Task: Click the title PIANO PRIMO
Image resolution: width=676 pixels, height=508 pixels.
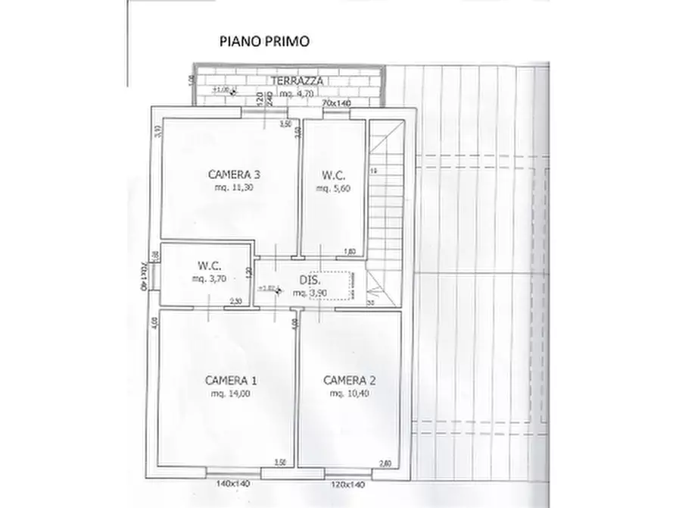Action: tap(264, 42)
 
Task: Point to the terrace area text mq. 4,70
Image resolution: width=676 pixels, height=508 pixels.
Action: tap(296, 93)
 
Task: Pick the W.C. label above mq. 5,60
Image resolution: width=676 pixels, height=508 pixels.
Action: tap(333, 174)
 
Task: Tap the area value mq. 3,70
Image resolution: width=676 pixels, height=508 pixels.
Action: tap(208, 279)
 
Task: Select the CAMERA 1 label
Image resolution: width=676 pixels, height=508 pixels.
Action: tap(227, 380)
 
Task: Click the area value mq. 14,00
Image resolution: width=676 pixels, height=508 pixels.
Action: tap(227, 394)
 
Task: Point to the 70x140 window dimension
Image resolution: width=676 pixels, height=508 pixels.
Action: tap(337, 102)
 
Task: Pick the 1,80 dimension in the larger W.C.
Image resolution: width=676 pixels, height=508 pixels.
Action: tap(350, 251)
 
